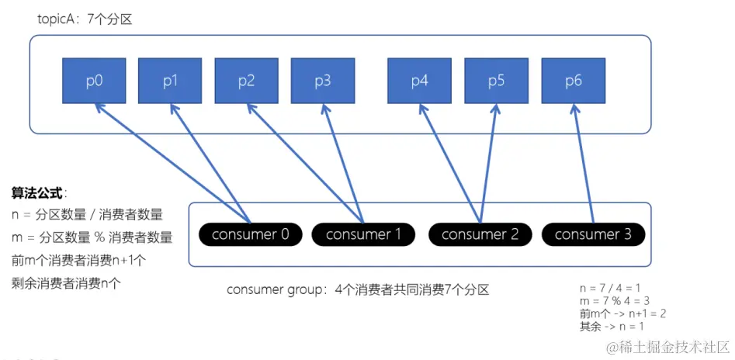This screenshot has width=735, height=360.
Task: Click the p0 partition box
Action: pyautogui.click(x=94, y=81)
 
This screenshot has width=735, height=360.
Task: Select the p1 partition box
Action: pyautogui.click(x=170, y=81)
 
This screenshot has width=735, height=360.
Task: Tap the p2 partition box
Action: pyautogui.click(x=246, y=81)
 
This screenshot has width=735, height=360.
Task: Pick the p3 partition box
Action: pyautogui.click(x=323, y=81)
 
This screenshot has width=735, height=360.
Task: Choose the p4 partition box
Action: pyautogui.click(x=420, y=81)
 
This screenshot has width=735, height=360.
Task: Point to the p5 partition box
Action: pyautogui.click(x=496, y=81)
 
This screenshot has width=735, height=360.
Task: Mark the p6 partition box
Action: pyautogui.click(x=573, y=81)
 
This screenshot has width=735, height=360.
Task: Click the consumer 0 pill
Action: pyautogui.click(x=250, y=234)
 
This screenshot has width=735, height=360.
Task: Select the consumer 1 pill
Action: pyautogui.click(x=364, y=234)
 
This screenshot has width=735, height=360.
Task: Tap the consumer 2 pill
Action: pyautogui.click(x=479, y=234)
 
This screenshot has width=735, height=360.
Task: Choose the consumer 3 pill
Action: pyautogui.click(x=593, y=234)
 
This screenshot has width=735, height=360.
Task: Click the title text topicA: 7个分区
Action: pyautogui.click(x=85, y=19)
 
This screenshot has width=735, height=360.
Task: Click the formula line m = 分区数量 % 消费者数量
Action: pyautogui.click(x=92, y=237)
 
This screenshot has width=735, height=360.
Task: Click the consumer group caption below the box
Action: pyautogui.click(x=358, y=290)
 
